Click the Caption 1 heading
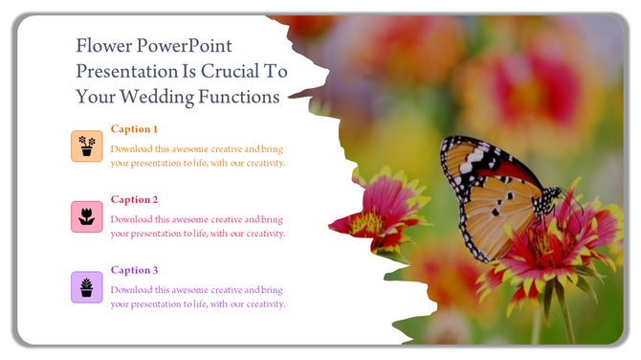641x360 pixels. (134, 129)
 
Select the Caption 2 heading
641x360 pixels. (134, 200)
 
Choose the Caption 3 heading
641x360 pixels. (134, 270)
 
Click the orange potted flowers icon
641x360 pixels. (87, 146)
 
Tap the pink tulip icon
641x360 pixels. (87, 216)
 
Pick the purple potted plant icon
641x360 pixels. (87, 286)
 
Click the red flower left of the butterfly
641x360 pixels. (378, 215)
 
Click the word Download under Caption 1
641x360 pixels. (130, 149)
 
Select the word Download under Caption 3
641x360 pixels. (130, 290)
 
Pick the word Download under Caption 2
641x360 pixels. (130, 219)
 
